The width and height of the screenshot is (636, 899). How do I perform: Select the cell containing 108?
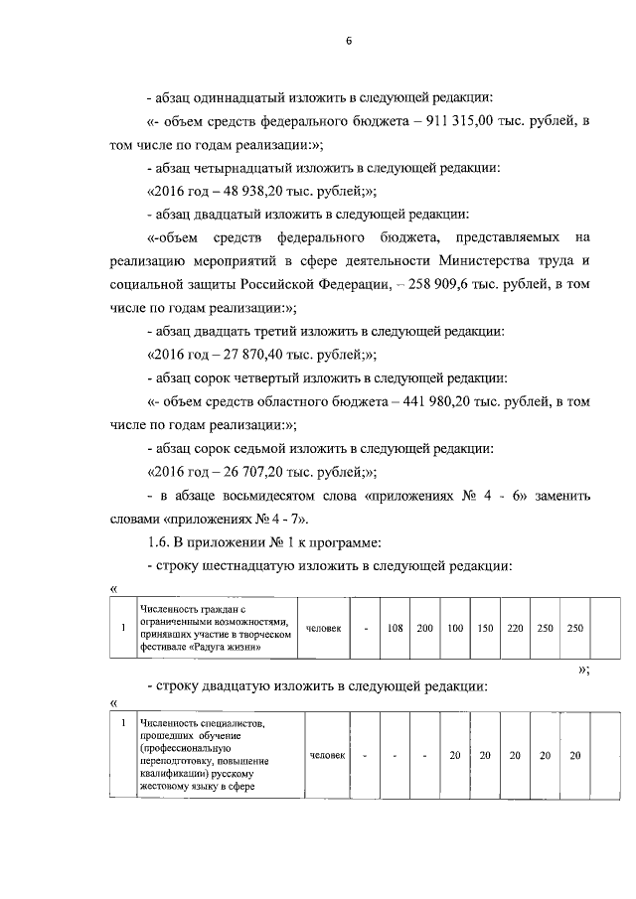(394, 628)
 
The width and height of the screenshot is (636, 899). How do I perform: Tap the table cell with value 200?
(425, 628)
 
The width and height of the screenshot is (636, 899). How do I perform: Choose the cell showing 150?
(485, 628)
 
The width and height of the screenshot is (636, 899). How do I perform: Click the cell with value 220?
(515, 628)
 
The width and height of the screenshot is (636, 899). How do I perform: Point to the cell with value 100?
(455, 628)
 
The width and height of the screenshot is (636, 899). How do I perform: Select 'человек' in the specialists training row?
(327, 756)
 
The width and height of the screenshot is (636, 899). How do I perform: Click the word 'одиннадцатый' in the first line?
(234, 99)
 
